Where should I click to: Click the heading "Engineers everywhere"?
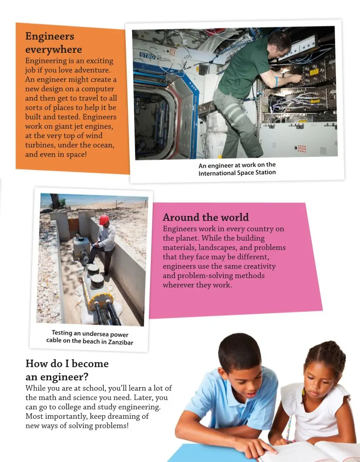click(53, 43)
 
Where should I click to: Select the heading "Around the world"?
click(205, 217)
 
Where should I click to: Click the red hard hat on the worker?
click(104, 220)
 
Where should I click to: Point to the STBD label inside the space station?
click(147, 55)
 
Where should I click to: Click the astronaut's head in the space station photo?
click(280, 42)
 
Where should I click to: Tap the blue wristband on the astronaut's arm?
click(276, 82)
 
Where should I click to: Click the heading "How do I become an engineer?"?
click(67, 370)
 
